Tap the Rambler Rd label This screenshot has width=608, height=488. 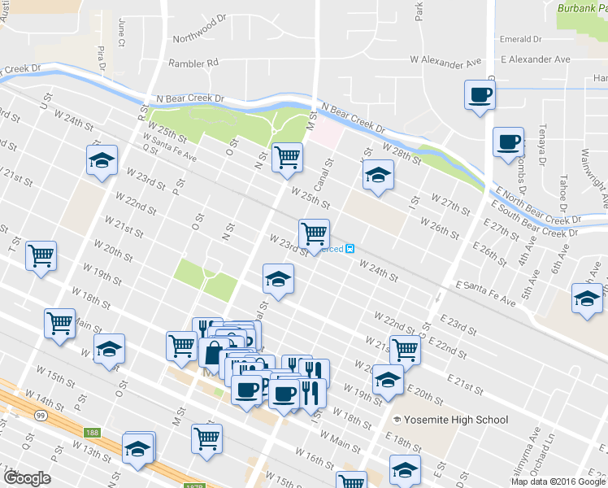[x=193, y=63]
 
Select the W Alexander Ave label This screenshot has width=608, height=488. [x=445, y=61]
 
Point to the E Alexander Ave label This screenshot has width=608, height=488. [x=535, y=59]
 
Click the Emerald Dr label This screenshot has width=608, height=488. [x=521, y=39]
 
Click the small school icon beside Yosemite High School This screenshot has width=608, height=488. [x=397, y=420]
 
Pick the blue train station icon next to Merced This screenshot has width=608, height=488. [x=350, y=249]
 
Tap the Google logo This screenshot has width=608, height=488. [x=28, y=477]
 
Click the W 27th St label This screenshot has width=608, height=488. [x=450, y=203]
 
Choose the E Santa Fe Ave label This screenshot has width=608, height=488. [x=486, y=294]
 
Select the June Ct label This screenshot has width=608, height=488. [x=121, y=31]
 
